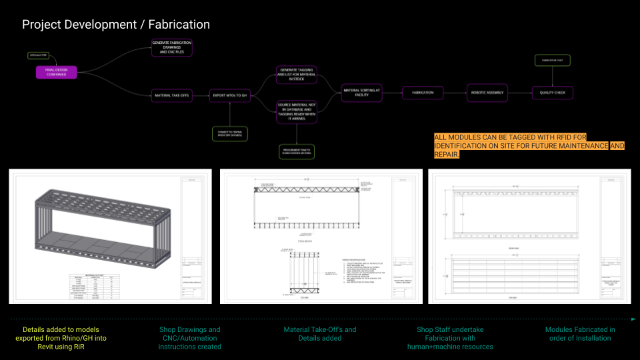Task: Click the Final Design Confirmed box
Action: [x=56, y=73]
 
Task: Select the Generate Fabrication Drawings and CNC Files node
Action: [x=171, y=47]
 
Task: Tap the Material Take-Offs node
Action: [x=171, y=96]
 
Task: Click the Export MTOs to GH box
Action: [x=229, y=96]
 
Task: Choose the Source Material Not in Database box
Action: [x=296, y=111]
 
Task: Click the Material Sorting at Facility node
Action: [x=362, y=93]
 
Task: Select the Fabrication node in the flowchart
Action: [x=423, y=93]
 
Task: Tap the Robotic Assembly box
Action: [x=487, y=93]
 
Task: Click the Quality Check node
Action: [x=552, y=93]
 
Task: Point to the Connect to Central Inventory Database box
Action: [x=229, y=134]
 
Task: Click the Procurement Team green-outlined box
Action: [x=296, y=151]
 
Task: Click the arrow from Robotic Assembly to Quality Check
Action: [x=519, y=93]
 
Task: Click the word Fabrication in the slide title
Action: [x=179, y=25]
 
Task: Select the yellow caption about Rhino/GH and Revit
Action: [x=60, y=338]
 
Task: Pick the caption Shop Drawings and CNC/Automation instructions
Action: [x=189, y=338]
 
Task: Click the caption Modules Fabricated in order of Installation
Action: [x=579, y=334]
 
